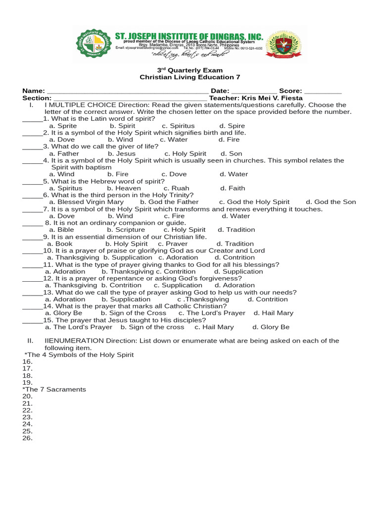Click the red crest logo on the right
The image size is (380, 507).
coord(284,46)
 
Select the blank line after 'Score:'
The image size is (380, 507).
coord(323,92)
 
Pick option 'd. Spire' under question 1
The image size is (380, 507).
coord(232,126)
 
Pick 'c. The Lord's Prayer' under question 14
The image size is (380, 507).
coord(212,313)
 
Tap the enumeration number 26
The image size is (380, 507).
coord(27,438)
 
